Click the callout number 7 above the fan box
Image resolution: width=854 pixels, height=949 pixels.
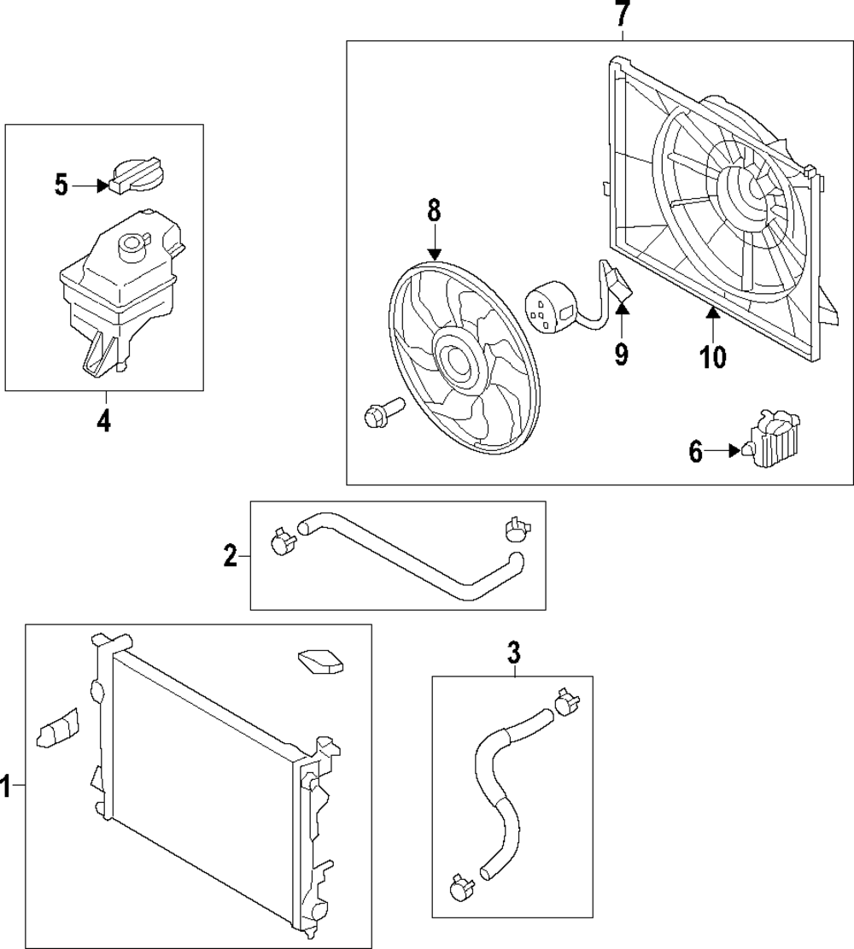coord(623,15)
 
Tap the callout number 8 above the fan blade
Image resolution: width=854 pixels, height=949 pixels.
coord(434,210)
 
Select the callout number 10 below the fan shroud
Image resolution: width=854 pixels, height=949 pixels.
coord(713,356)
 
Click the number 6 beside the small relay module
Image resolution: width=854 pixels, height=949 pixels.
coord(695,452)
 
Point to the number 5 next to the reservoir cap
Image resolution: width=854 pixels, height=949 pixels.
coord(61,185)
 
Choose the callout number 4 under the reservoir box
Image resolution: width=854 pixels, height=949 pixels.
coord(103,421)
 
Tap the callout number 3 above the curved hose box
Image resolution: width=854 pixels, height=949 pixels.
coord(513,653)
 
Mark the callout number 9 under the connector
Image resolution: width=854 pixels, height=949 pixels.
coord(622,353)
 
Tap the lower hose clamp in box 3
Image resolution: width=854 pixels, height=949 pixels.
coord(461,889)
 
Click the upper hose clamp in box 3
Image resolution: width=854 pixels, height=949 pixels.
coord(563,701)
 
